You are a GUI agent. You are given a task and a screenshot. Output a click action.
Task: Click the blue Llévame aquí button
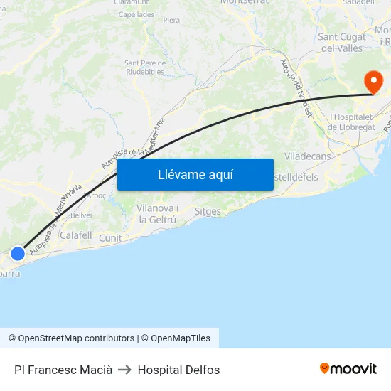195,175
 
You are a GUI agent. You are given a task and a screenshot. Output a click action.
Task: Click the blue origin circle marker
18,253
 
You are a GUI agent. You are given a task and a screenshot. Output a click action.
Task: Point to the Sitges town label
208,211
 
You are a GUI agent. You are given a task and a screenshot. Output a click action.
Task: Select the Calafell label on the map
76,235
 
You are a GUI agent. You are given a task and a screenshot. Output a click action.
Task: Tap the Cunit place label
110,238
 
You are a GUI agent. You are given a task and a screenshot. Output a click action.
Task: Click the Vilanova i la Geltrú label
158,213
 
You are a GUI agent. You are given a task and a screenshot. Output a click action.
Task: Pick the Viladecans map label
308,156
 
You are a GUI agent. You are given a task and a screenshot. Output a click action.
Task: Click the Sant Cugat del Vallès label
341,43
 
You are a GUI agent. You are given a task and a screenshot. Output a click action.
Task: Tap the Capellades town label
136,14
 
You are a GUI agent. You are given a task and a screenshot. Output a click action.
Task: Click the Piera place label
171,21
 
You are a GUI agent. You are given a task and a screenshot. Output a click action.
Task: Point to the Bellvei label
80,215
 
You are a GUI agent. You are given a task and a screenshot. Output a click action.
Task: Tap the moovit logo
348,369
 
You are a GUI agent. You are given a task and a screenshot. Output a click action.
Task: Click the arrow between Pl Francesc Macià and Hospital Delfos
125,370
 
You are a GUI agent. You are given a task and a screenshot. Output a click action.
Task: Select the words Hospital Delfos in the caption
178,370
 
